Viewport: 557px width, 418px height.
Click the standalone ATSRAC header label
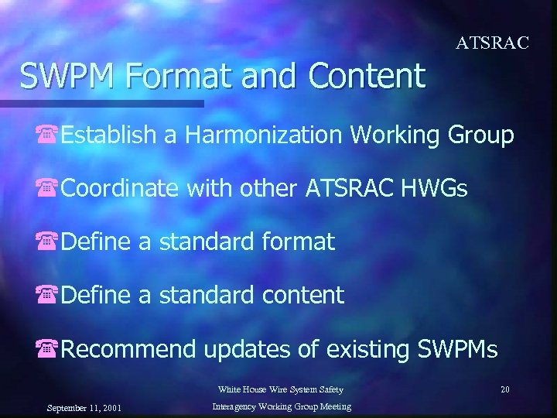492,43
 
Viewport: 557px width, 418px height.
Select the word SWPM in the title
66,76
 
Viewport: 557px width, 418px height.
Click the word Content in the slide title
367,76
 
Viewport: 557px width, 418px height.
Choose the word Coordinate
121,188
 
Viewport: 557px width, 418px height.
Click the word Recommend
128,348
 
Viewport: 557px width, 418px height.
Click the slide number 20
504,389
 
